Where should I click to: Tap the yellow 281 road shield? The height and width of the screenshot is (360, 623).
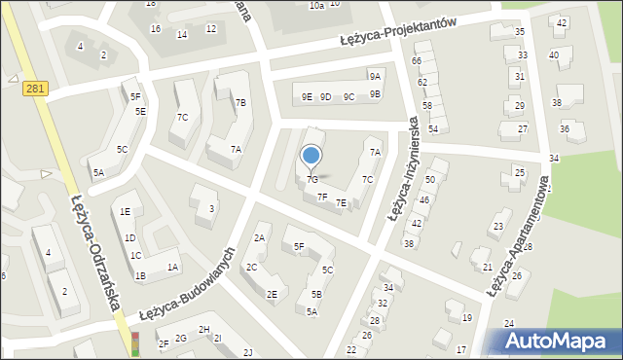pyautogui.click(x=35, y=89)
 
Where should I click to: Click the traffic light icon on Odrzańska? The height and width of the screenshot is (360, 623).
pyautogui.click(x=135, y=343)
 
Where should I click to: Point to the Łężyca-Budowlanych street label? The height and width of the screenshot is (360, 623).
pyautogui.click(x=189, y=282)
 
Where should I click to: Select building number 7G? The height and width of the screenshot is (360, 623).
pyautogui.click(x=311, y=180)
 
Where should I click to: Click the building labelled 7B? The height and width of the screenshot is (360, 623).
pyautogui.click(x=240, y=102)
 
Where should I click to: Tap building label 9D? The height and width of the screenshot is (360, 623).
pyautogui.click(x=326, y=96)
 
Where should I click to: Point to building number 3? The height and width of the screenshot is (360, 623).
pyautogui.click(x=211, y=208)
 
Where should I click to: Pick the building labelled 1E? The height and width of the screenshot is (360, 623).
pyautogui.click(x=125, y=211)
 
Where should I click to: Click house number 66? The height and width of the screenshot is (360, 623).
pyautogui.click(x=417, y=61)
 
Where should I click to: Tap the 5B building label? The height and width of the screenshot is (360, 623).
pyautogui.click(x=316, y=294)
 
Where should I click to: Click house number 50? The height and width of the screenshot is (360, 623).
pyautogui.click(x=429, y=180)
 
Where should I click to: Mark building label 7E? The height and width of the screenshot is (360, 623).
pyautogui.click(x=341, y=202)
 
